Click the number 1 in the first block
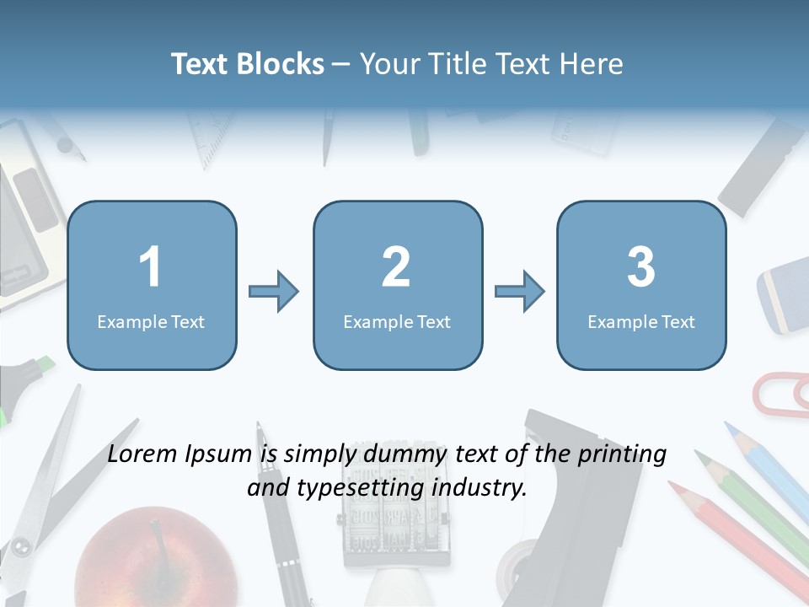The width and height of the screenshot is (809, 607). tap(150, 267)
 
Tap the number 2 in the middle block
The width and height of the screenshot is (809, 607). tap(396, 267)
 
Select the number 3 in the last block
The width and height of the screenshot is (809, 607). tap(640, 267)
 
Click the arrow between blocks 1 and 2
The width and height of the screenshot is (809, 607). tap(274, 293)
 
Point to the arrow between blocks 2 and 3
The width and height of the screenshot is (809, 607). tap(520, 293)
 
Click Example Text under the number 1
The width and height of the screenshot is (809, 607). tap(151, 321)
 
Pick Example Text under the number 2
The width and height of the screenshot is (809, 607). tap(397, 321)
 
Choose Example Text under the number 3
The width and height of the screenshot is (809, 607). tap(641, 321)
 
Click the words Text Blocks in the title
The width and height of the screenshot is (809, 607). tap(247, 64)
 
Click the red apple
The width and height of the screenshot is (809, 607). tap(156, 561)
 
